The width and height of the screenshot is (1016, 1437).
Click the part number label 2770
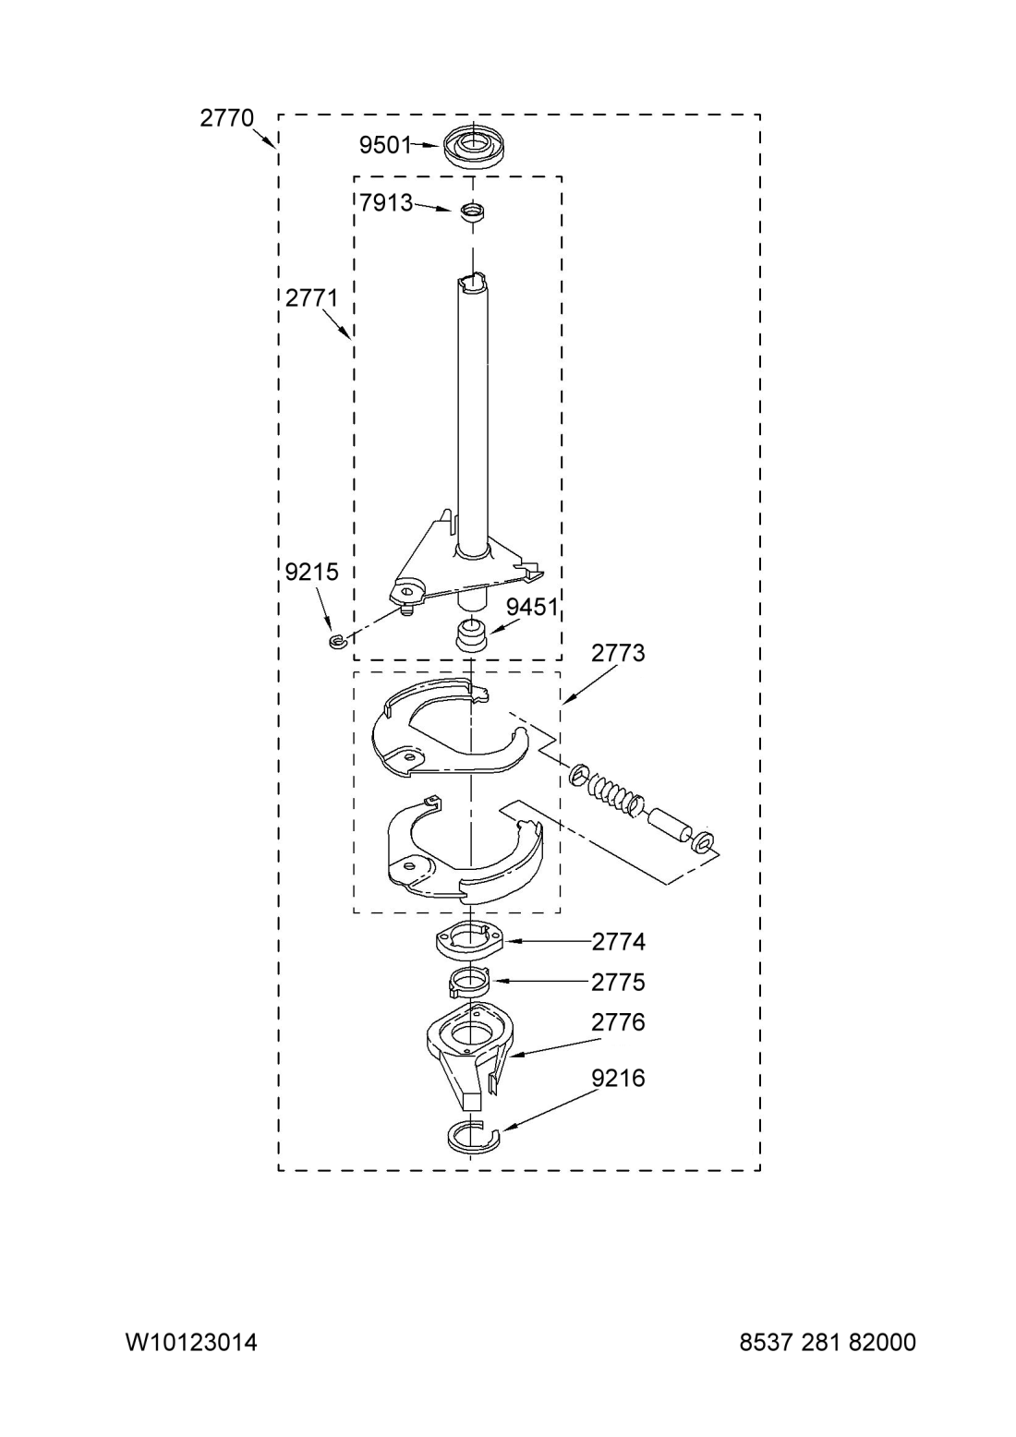pyautogui.click(x=227, y=118)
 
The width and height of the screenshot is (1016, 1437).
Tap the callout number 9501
pyautogui.click(x=385, y=146)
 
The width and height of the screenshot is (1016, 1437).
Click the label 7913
pyautogui.click(x=385, y=203)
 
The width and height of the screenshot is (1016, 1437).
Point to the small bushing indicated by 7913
pyautogui.click(x=473, y=211)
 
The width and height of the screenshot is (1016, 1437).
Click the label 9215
pyautogui.click(x=312, y=572)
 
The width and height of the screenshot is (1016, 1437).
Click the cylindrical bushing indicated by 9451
pyautogui.click(x=471, y=635)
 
